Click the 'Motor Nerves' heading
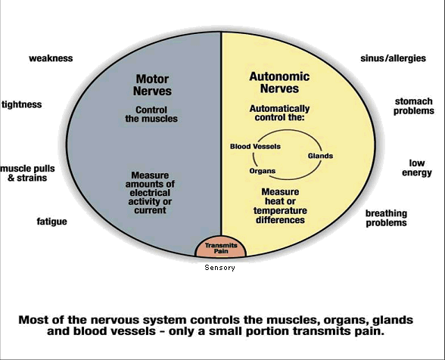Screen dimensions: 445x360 [152, 85]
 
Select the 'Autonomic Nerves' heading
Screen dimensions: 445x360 [279, 82]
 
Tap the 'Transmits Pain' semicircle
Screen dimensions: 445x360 [221, 247]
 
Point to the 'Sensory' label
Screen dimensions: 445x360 [220, 268]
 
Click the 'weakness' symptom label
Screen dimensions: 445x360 [51, 58]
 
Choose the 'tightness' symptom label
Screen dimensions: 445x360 [21, 104]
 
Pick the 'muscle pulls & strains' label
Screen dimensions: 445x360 [27, 173]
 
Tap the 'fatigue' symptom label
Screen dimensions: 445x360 [52, 222]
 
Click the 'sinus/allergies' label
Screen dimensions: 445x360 [393, 58]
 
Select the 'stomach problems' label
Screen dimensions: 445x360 [414, 106]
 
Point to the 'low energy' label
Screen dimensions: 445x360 [417, 168]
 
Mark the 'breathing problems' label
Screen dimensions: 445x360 [386, 218]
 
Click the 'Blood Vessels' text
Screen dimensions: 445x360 [255, 147]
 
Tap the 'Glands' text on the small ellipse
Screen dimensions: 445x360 [320, 156]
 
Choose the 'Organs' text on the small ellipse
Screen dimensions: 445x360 [263, 171]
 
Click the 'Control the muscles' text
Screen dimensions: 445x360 [151, 114]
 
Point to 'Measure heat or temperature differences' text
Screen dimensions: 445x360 [280, 206]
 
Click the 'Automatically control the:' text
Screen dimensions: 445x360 [279, 113]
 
